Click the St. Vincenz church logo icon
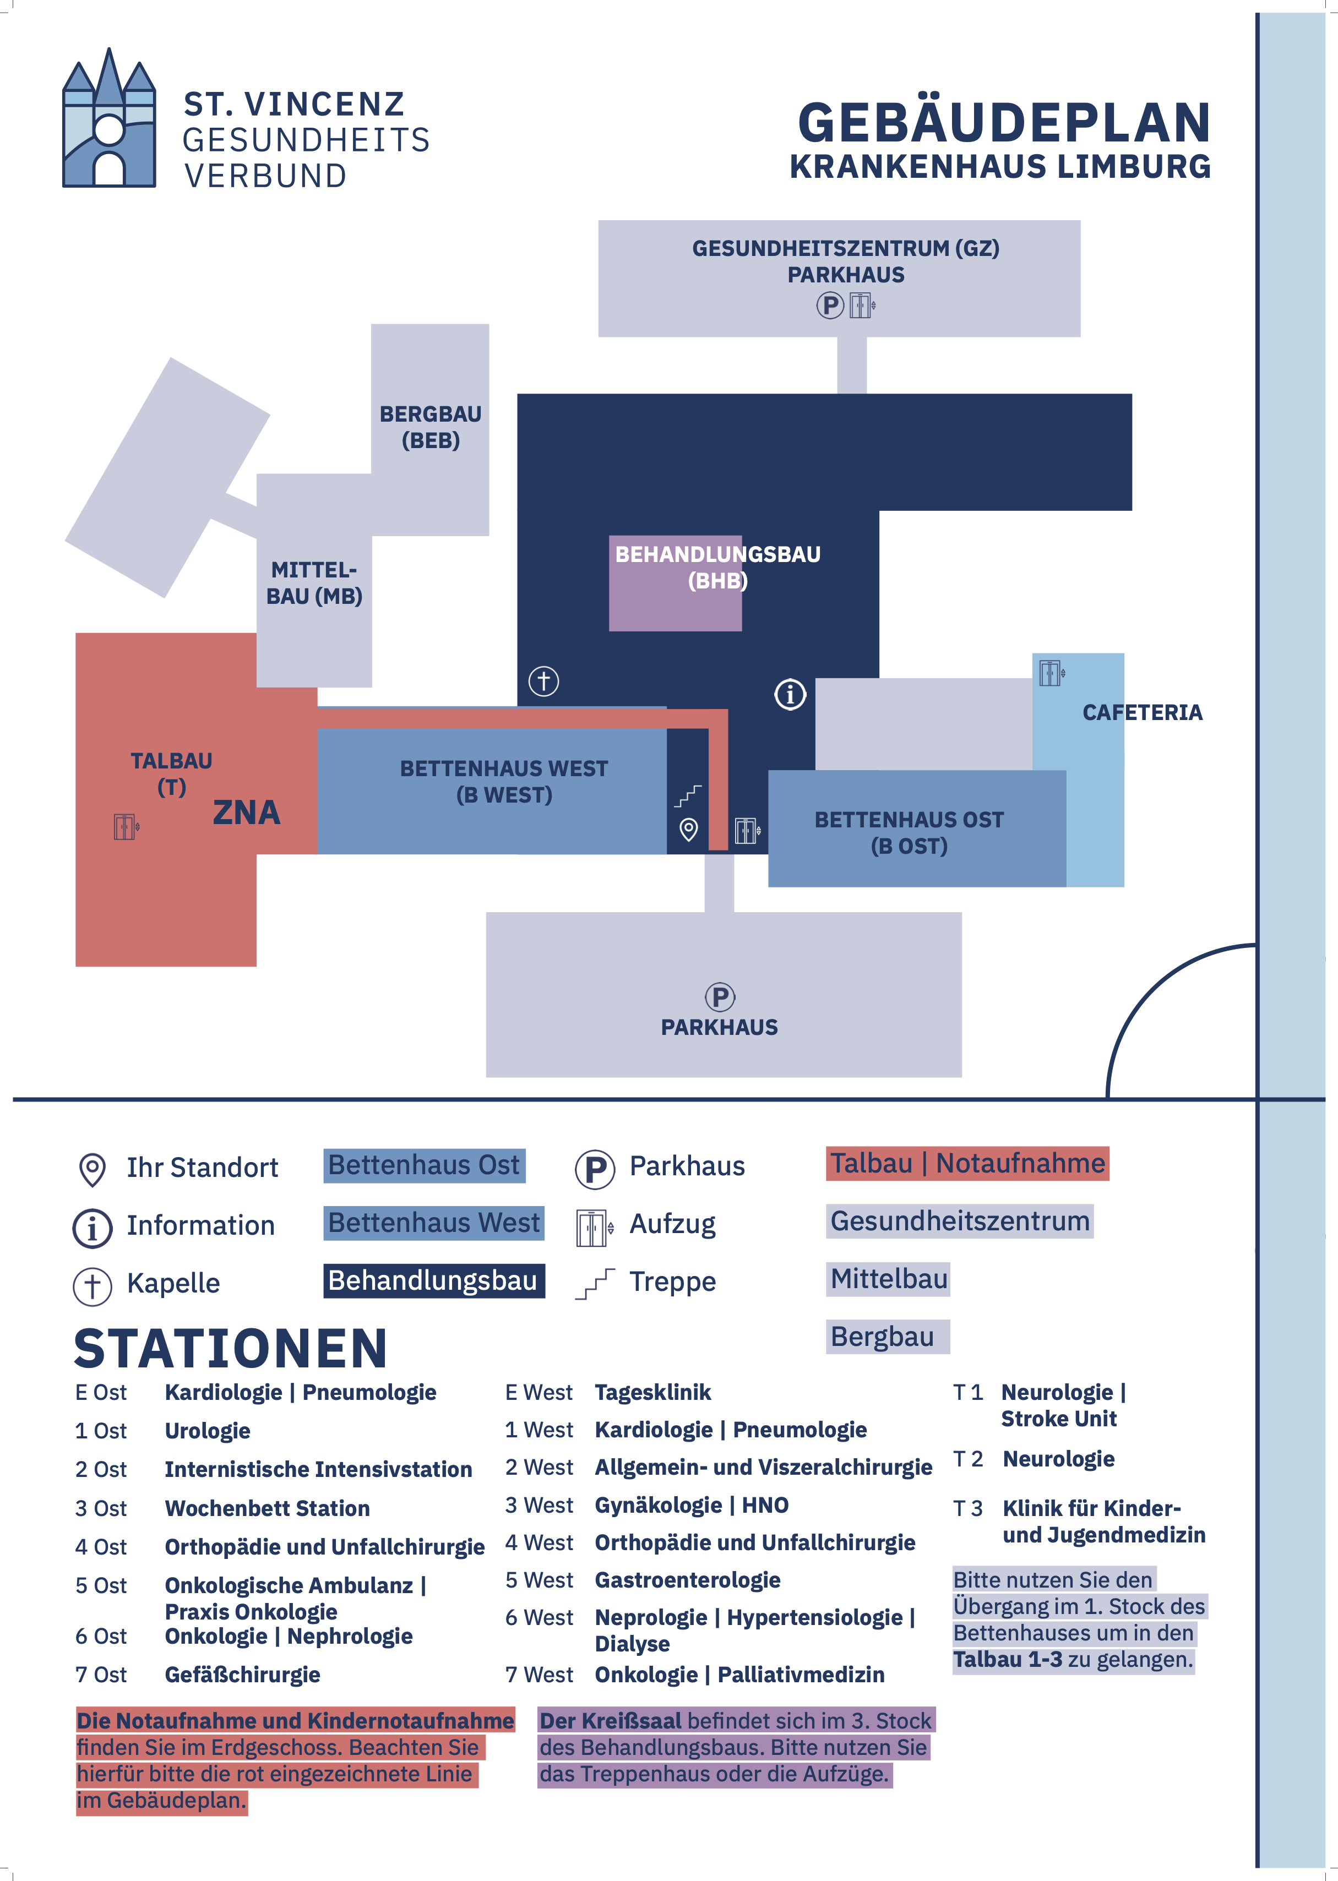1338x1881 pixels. coord(109,118)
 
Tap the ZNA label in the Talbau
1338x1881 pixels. coord(246,813)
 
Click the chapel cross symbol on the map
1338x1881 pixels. coord(544,681)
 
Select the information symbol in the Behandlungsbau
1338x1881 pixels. coord(790,694)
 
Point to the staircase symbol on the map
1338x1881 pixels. coord(688,795)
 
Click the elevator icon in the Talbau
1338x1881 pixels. coord(126,826)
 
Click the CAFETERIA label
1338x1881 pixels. coord(1142,712)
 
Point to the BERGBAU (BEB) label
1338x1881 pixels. coord(430,427)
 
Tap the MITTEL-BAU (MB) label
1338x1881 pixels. coord(314,583)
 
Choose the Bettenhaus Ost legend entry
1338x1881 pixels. coord(425,1165)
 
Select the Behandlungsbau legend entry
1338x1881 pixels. coord(433,1280)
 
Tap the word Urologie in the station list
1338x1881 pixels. coord(208,1431)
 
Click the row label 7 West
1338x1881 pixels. coord(539,1674)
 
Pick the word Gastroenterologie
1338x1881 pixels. coord(687,1579)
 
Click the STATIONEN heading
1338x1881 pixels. coord(231,1348)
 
